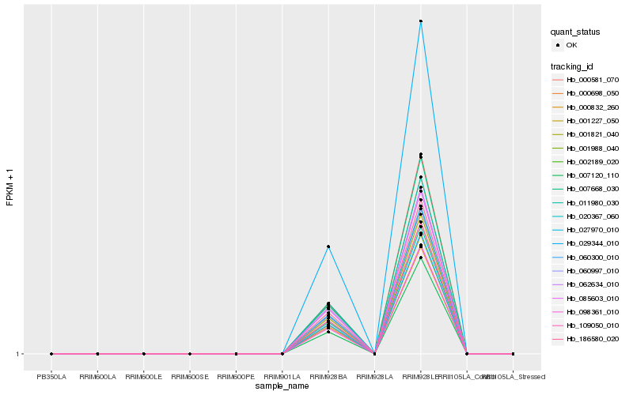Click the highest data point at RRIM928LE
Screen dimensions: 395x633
[x=421, y=21]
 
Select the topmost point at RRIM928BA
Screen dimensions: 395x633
[x=328, y=246]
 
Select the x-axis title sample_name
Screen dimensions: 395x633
[x=282, y=386]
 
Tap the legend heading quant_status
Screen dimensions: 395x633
[x=576, y=32]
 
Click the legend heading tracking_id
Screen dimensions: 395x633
[x=572, y=66]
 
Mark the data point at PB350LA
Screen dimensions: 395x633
[x=51, y=354]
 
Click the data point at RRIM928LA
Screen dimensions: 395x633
[x=374, y=354]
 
